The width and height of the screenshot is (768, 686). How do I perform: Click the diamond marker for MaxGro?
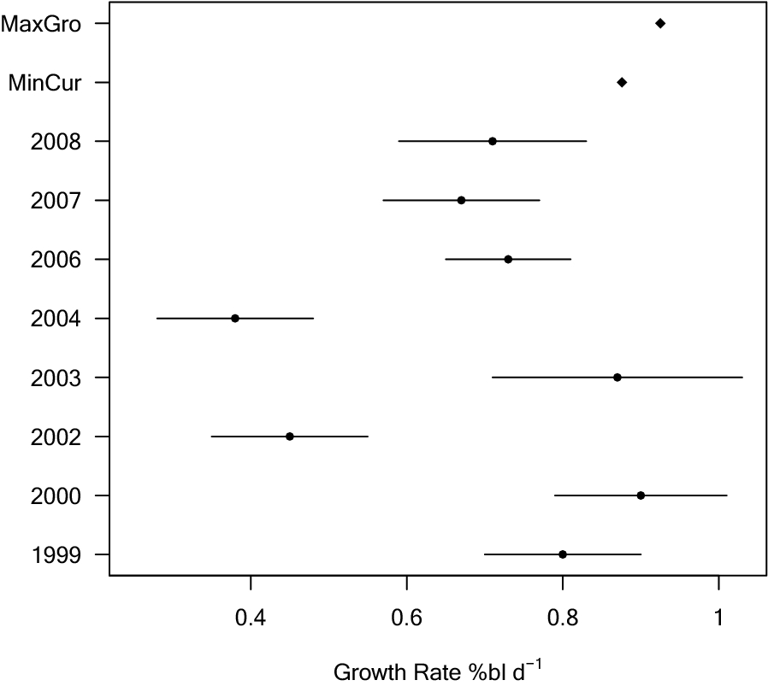659,23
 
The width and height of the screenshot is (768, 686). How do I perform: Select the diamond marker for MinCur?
622,82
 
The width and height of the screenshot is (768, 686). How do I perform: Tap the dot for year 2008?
493,141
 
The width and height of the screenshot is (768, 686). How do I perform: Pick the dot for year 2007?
461,200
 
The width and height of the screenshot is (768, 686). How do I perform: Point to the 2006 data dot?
508,259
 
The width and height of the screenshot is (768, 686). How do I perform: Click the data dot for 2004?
235,318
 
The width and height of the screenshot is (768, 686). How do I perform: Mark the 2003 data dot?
617,377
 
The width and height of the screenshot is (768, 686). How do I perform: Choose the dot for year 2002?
290,437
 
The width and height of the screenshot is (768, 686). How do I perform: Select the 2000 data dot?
641,495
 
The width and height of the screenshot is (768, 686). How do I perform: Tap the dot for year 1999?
563,554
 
